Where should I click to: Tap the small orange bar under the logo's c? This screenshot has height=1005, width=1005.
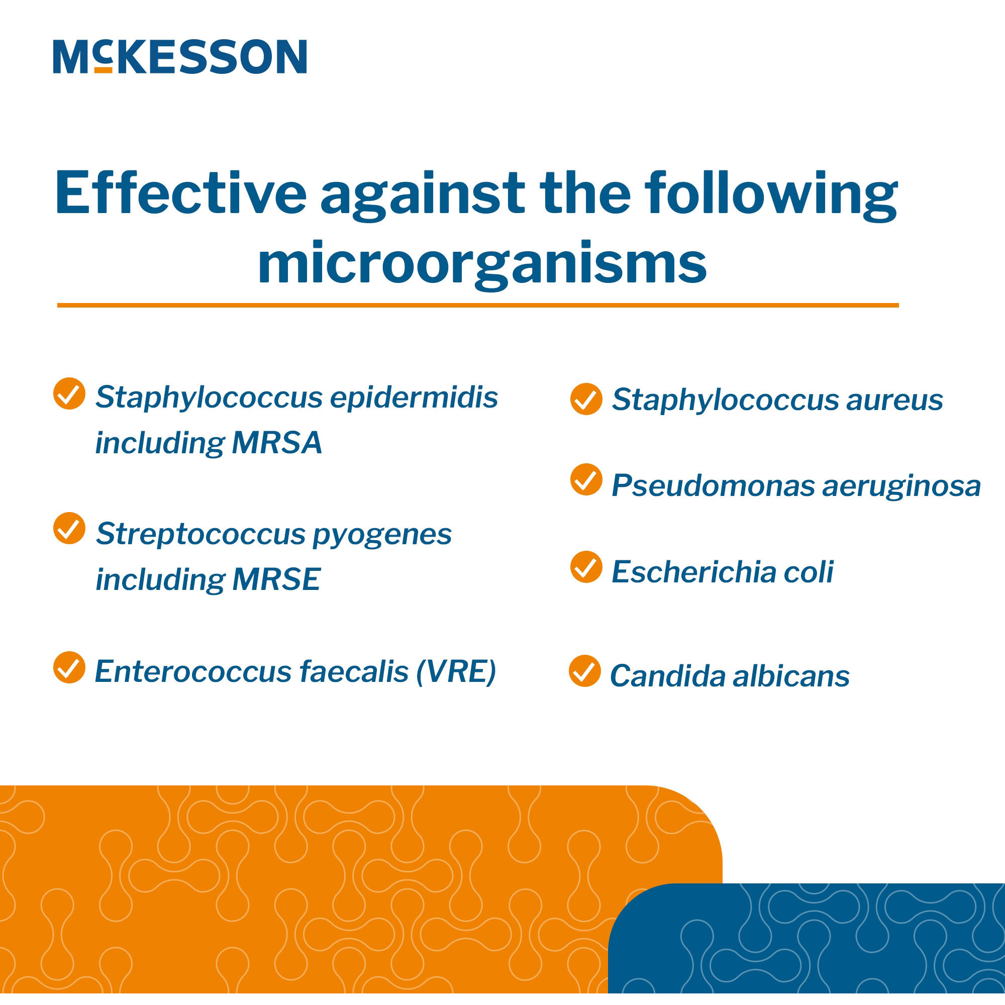[x=104, y=70]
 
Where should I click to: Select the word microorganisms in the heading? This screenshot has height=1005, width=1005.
[x=482, y=264]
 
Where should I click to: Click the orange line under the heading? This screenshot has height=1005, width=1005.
[x=477, y=306]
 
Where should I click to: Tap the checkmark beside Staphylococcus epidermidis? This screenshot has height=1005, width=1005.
[x=69, y=393]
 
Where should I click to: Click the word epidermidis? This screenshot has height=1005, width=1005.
[x=414, y=398]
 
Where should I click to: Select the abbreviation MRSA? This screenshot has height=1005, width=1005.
[x=277, y=443]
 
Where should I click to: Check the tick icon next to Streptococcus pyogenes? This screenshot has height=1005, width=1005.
[x=69, y=529]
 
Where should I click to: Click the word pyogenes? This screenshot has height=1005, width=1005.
[x=382, y=535]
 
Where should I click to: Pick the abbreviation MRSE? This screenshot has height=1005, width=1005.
[x=276, y=579]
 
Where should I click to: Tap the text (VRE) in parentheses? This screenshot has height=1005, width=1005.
[x=456, y=671]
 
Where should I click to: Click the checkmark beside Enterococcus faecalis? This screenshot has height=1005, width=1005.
[x=69, y=667]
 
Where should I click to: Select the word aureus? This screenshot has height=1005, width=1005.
[x=894, y=400]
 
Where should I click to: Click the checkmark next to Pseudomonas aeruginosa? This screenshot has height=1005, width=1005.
[x=586, y=479]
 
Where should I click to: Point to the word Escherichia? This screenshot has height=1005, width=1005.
[x=693, y=572]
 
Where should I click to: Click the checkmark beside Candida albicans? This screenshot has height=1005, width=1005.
[x=585, y=671]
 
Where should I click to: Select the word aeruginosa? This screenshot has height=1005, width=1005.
[x=901, y=486]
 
